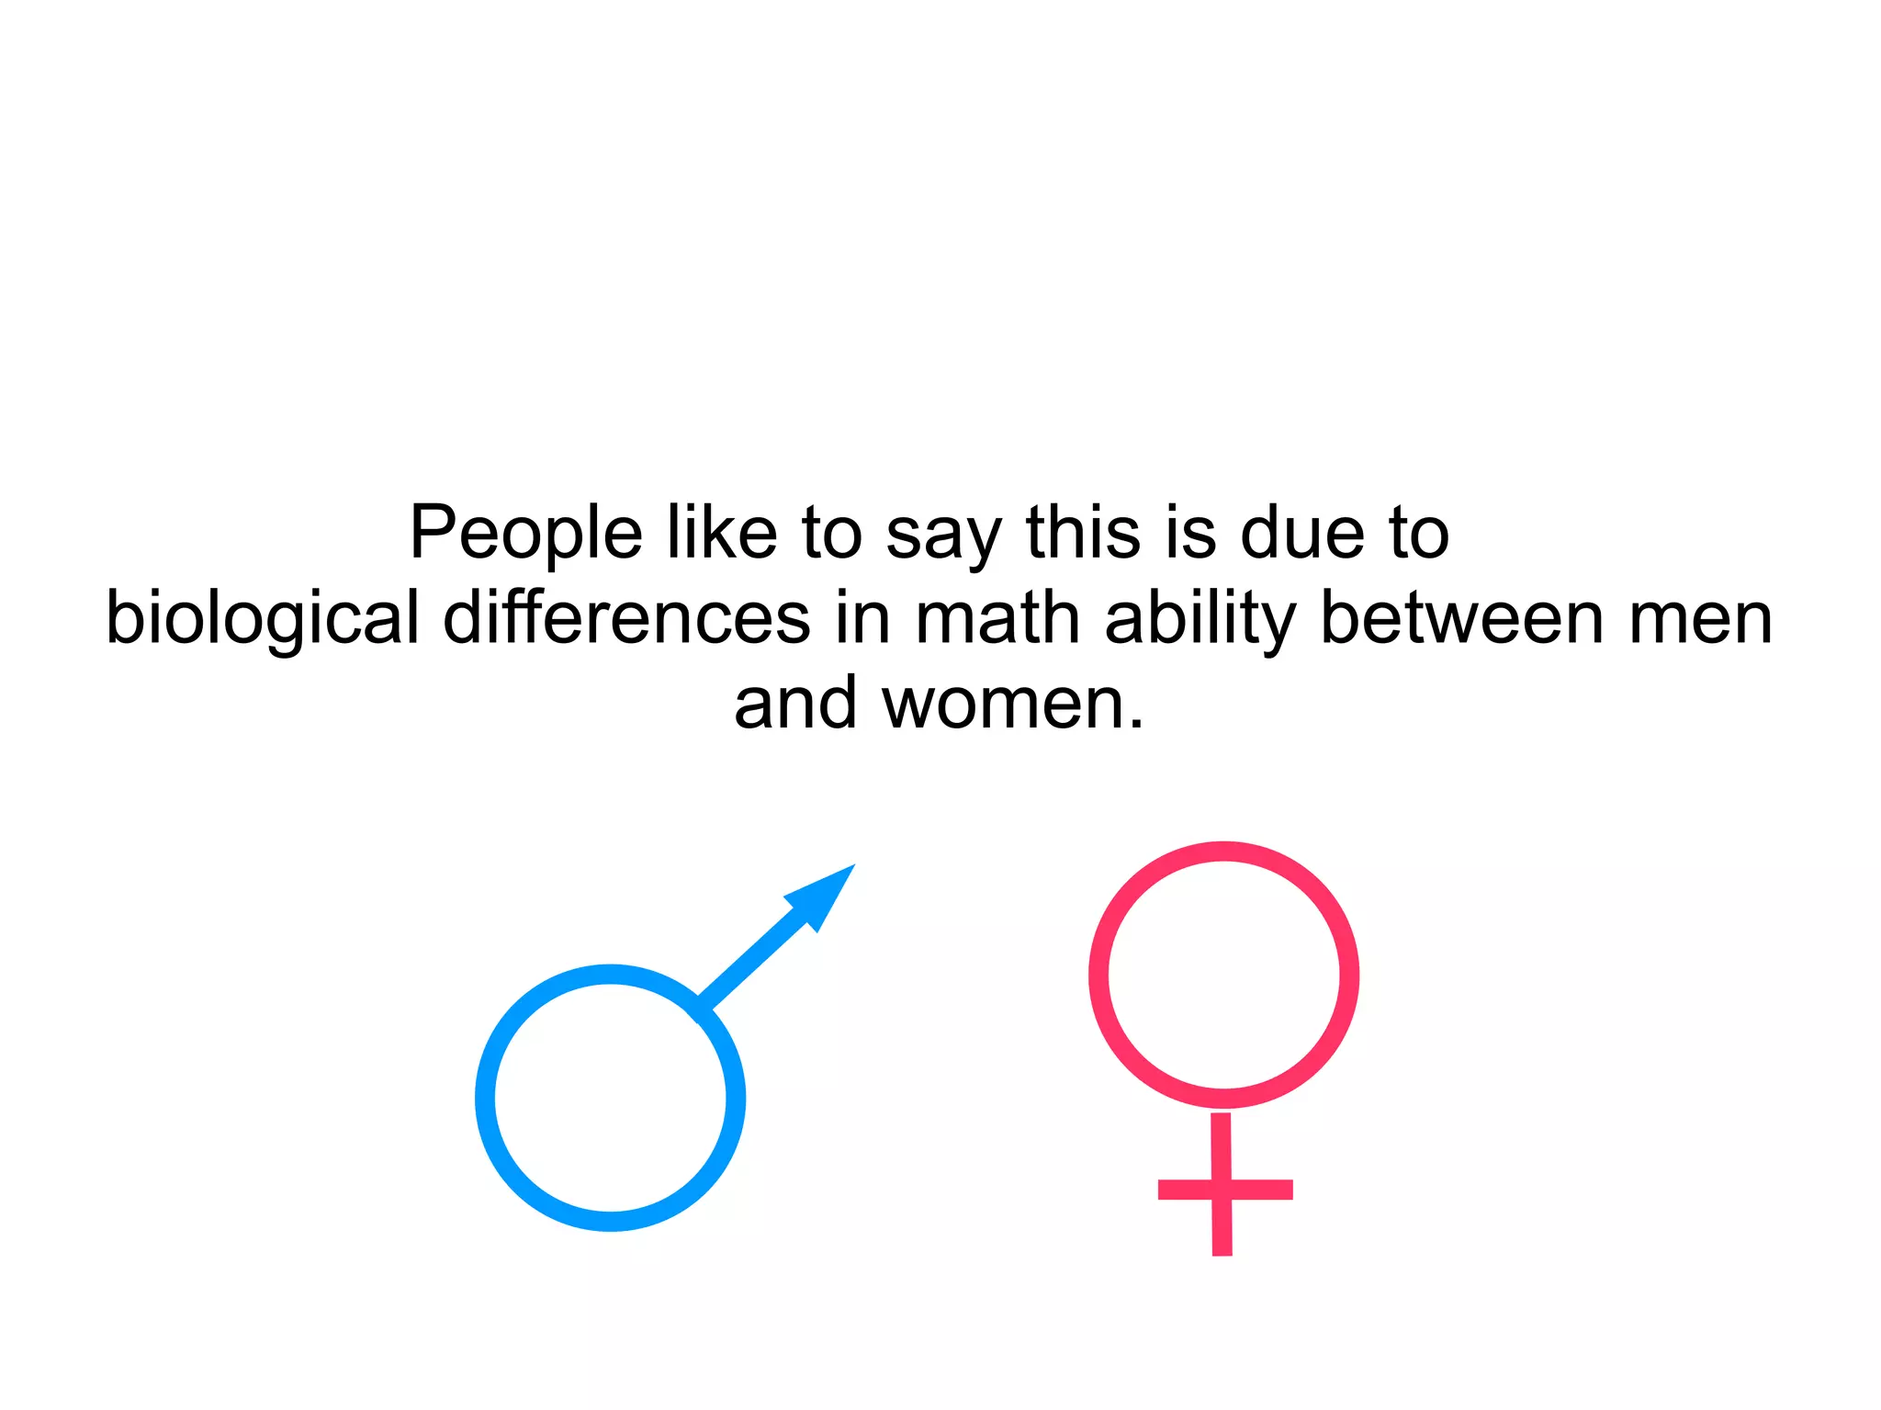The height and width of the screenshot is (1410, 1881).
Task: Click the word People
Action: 525,533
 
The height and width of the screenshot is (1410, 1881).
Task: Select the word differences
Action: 626,617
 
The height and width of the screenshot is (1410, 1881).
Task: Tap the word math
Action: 997,617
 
